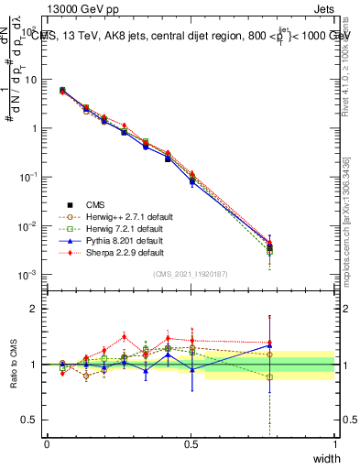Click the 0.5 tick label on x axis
pos(191,443)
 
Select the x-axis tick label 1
pos(335,443)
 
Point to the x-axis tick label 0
pos(47,443)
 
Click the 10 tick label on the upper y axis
pos(30,80)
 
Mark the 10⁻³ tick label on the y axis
pos(28,275)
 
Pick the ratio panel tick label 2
pos(36,309)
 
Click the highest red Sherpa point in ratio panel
pos(124,336)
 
